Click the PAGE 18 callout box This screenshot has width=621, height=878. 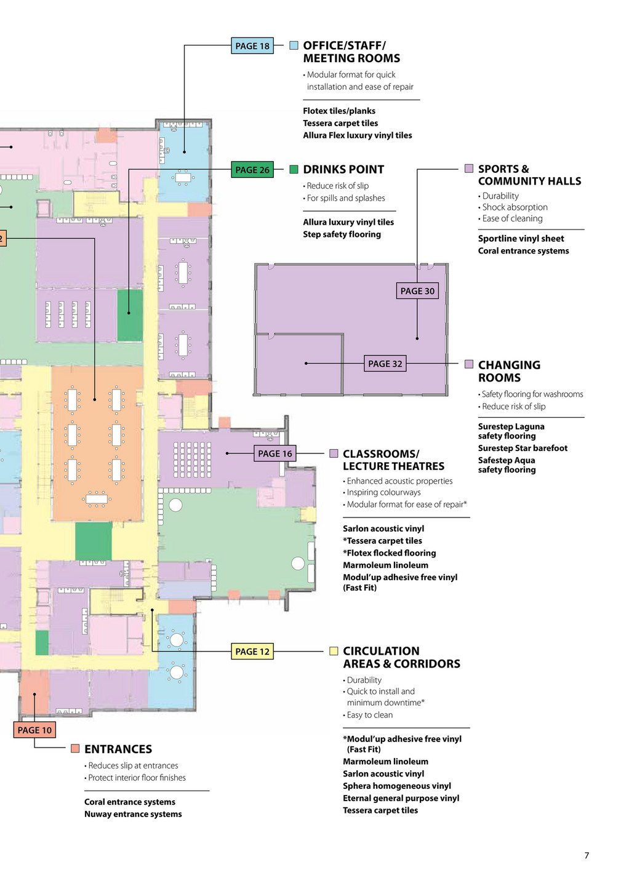[x=252, y=46]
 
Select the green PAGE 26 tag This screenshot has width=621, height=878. [x=252, y=170]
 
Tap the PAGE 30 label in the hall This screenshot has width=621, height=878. [x=417, y=291]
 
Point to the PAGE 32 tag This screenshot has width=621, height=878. [x=385, y=364]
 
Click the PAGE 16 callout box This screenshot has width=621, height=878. [x=275, y=453]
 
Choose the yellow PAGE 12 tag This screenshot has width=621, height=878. [x=252, y=652]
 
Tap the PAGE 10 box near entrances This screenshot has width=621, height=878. [x=34, y=730]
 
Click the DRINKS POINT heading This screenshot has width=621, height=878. [x=343, y=169]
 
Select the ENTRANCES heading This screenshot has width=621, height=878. [x=118, y=749]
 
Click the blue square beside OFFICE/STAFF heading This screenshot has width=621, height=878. [x=294, y=46]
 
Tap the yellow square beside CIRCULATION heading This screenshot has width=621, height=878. [x=334, y=651]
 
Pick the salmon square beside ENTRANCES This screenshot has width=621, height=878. [x=75, y=748]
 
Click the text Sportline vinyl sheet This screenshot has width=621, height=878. [x=521, y=238]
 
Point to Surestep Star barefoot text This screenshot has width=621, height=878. [x=523, y=448]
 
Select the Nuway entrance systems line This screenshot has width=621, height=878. [x=133, y=814]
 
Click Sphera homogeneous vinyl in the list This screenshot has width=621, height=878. [x=397, y=786]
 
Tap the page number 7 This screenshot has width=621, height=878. [x=587, y=855]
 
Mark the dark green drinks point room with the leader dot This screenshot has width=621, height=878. [x=130, y=315]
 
